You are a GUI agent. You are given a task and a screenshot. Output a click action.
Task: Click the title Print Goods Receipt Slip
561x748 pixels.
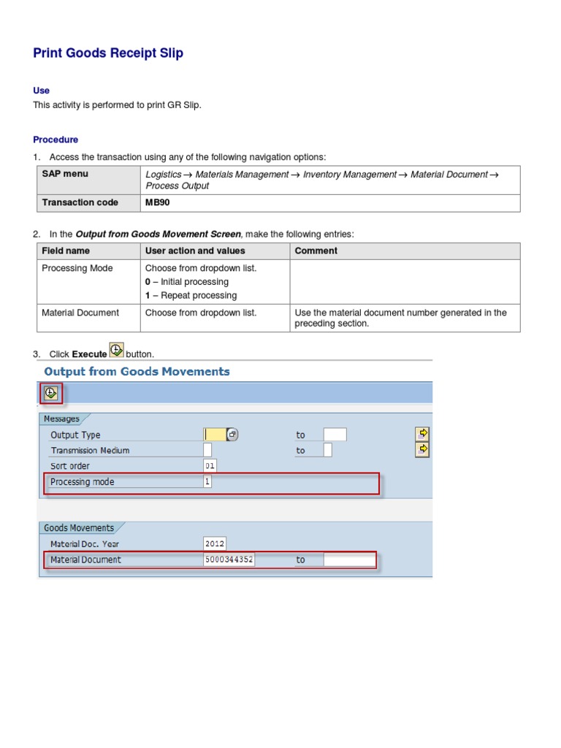(x=108, y=53)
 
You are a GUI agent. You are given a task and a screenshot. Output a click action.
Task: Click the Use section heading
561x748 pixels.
(x=41, y=91)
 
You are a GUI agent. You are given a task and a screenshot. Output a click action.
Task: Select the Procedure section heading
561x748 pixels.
(x=56, y=140)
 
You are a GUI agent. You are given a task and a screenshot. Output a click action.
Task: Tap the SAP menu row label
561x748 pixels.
(x=65, y=174)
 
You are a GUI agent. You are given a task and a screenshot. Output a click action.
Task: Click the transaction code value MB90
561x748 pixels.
(x=158, y=202)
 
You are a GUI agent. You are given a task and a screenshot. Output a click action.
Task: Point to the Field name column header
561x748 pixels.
(x=66, y=251)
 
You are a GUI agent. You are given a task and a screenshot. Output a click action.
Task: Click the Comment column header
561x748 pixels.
(x=316, y=251)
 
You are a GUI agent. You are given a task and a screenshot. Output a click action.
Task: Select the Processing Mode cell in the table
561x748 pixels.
(x=77, y=268)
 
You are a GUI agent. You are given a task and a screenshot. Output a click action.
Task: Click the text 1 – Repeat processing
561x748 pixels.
(x=191, y=295)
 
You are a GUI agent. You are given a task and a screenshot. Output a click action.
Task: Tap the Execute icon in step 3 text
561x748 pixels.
(x=116, y=351)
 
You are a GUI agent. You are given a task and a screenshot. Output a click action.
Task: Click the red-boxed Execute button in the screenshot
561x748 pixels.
(x=50, y=393)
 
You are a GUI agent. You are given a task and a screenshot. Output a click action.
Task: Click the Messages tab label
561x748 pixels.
(x=61, y=419)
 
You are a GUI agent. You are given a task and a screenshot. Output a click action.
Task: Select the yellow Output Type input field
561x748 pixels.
(x=215, y=435)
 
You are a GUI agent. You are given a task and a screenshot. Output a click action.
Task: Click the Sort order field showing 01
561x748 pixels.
(x=210, y=466)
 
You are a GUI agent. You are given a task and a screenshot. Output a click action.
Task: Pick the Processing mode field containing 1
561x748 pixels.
(x=207, y=482)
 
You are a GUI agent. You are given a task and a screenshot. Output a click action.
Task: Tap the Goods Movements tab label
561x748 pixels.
(x=79, y=527)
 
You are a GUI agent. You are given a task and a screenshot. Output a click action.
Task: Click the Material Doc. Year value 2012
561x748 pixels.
(x=215, y=543)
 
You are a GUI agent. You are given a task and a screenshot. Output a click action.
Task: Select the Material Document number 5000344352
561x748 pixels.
(x=229, y=560)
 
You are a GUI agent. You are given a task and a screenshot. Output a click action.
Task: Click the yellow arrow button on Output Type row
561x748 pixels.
(x=422, y=434)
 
